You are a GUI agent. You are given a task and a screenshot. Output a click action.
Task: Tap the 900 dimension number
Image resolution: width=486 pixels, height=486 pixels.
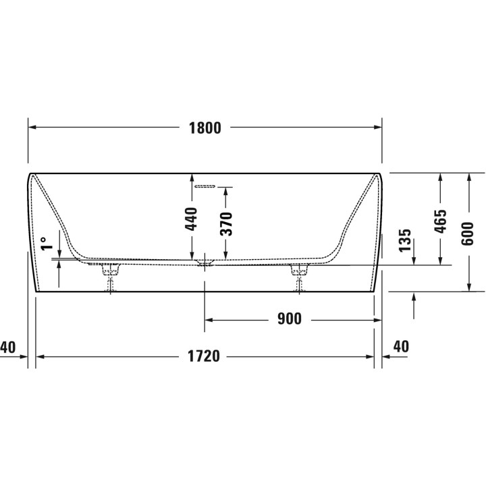tap(289, 319)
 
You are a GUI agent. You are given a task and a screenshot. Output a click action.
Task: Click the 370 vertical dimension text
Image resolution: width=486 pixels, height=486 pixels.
tap(226, 223)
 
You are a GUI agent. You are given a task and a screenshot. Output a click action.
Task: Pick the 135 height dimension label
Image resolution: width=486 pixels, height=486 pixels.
tap(404, 240)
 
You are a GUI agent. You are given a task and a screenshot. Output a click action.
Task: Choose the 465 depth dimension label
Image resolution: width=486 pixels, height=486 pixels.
tap(440, 221)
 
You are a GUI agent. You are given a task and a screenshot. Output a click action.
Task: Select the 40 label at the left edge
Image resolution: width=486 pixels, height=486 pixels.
tap(7, 347)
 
